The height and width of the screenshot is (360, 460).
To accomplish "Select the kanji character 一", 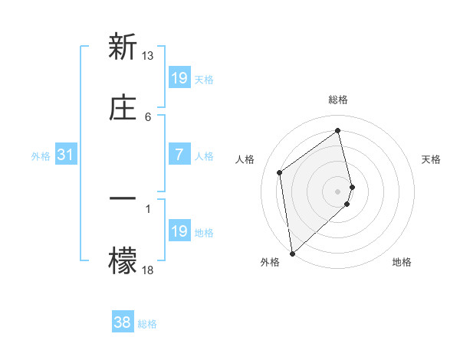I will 123,198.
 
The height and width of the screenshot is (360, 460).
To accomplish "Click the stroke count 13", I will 148,56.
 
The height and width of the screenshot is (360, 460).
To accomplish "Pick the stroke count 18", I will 148,270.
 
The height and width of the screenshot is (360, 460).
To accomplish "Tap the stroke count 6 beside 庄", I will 148,116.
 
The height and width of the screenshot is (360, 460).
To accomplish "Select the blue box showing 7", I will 179,155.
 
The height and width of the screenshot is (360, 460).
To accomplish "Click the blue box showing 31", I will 66,155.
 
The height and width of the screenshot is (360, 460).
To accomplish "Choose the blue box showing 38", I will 123,322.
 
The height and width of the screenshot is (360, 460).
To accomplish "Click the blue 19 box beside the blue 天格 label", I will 179,78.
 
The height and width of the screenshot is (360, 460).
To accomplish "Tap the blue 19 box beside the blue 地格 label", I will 179,231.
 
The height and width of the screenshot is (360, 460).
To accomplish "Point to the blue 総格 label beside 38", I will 147,324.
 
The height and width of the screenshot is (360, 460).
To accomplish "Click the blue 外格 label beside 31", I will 41,156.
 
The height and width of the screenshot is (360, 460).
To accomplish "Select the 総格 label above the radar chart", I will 338,100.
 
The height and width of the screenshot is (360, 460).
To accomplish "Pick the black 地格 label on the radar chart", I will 402,262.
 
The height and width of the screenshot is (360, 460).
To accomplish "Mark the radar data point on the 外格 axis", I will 292,253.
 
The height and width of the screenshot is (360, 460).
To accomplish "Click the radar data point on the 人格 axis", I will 280,172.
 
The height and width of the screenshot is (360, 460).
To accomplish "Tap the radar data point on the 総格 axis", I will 338,131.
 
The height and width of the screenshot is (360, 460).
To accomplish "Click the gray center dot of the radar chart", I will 338,191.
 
